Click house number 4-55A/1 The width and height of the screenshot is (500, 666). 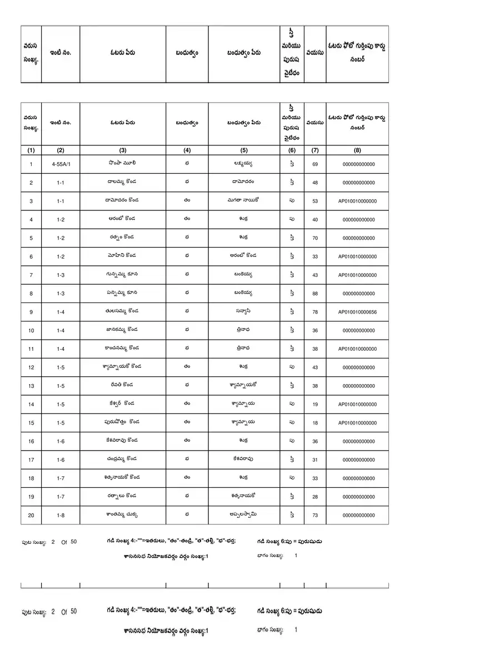pyautogui.click(x=61, y=164)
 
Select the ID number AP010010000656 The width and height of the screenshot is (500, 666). pyautogui.click(x=357, y=312)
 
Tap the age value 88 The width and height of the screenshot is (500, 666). pyautogui.click(x=315, y=294)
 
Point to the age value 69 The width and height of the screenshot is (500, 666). pyautogui.click(x=315, y=164)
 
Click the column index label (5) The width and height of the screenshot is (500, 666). pyautogui.click(x=244, y=150)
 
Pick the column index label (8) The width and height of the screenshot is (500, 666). pyautogui.click(x=357, y=150)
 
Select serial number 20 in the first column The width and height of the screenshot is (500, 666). pyautogui.click(x=31, y=516)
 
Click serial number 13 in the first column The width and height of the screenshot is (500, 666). pyautogui.click(x=31, y=386)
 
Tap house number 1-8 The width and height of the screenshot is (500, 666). pyautogui.click(x=61, y=516)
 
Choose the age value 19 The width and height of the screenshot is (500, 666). pyautogui.click(x=315, y=405)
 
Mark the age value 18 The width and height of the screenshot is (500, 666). pyautogui.click(x=315, y=423)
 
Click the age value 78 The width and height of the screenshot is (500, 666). pyautogui.click(x=315, y=312)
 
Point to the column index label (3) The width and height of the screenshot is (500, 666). pyautogui.click(x=123, y=150)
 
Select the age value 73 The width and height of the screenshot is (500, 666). pyautogui.click(x=315, y=516)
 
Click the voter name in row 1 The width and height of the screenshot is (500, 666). pyautogui.click(x=123, y=164)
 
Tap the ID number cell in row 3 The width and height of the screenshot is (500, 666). pyautogui.click(x=357, y=201)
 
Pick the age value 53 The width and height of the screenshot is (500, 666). pyautogui.click(x=315, y=201)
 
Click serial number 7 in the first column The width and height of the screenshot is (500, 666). pyautogui.click(x=31, y=275)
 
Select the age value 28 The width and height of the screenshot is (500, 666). pyautogui.click(x=315, y=497)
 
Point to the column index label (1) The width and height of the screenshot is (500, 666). pyautogui.click(x=31, y=150)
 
